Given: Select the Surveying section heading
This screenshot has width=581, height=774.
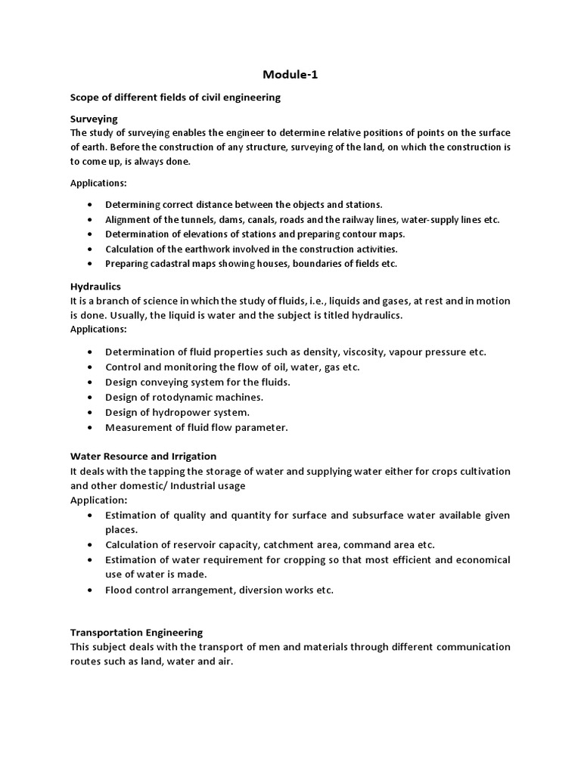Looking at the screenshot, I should [x=94, y=119].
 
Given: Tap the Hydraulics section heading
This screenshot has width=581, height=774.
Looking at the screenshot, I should [x=95, y=286].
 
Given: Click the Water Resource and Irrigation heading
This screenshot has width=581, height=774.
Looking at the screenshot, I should [x=143, y=456].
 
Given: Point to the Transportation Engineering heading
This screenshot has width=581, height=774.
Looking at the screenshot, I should [x=136, y=632].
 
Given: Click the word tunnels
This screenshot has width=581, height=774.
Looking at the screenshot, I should [x=190, y=219].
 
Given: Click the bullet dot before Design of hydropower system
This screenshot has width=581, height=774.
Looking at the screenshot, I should [x=90, y=413].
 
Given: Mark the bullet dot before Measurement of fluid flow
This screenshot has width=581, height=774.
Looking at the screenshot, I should [x=90, y=428].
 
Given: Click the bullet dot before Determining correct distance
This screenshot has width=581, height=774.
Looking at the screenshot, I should [x=90, y=205].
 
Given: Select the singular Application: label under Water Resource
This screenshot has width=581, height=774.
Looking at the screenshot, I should [x=98, y=500].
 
